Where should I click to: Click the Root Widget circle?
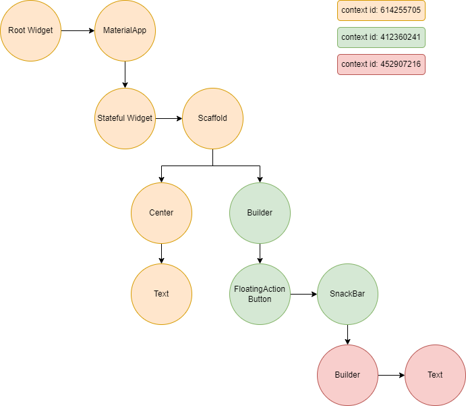(30, 30)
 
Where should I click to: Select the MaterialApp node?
(125, 30)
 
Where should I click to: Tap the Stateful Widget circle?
(125, 118)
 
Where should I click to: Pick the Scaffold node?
(212, 118)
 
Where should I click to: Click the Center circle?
(161, 213)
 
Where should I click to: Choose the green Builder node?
(260, 213)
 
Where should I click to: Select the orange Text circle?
(161, 294)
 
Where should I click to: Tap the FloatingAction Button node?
(260, 294)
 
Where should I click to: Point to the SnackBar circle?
(347, 294)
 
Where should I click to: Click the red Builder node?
(347, 375)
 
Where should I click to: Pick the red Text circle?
(435, 375)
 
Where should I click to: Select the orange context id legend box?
(381, 10)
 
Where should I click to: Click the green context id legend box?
(381, 37)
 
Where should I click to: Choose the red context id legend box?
(381, 64)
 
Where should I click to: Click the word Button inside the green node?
(260, 299)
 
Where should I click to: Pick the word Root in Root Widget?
(17, 30)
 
